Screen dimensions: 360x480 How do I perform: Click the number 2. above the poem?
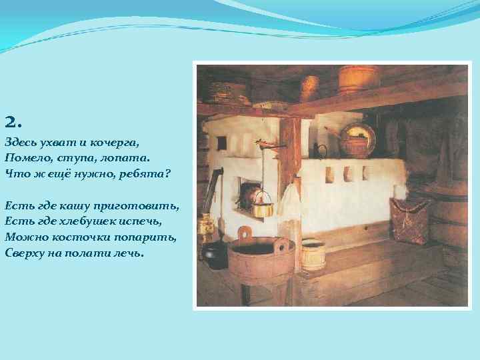click(13, 123)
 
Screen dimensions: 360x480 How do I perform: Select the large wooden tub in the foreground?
click(261, 257)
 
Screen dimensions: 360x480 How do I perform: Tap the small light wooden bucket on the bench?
click(313, 253)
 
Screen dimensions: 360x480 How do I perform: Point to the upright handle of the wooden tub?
click(245, 234)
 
